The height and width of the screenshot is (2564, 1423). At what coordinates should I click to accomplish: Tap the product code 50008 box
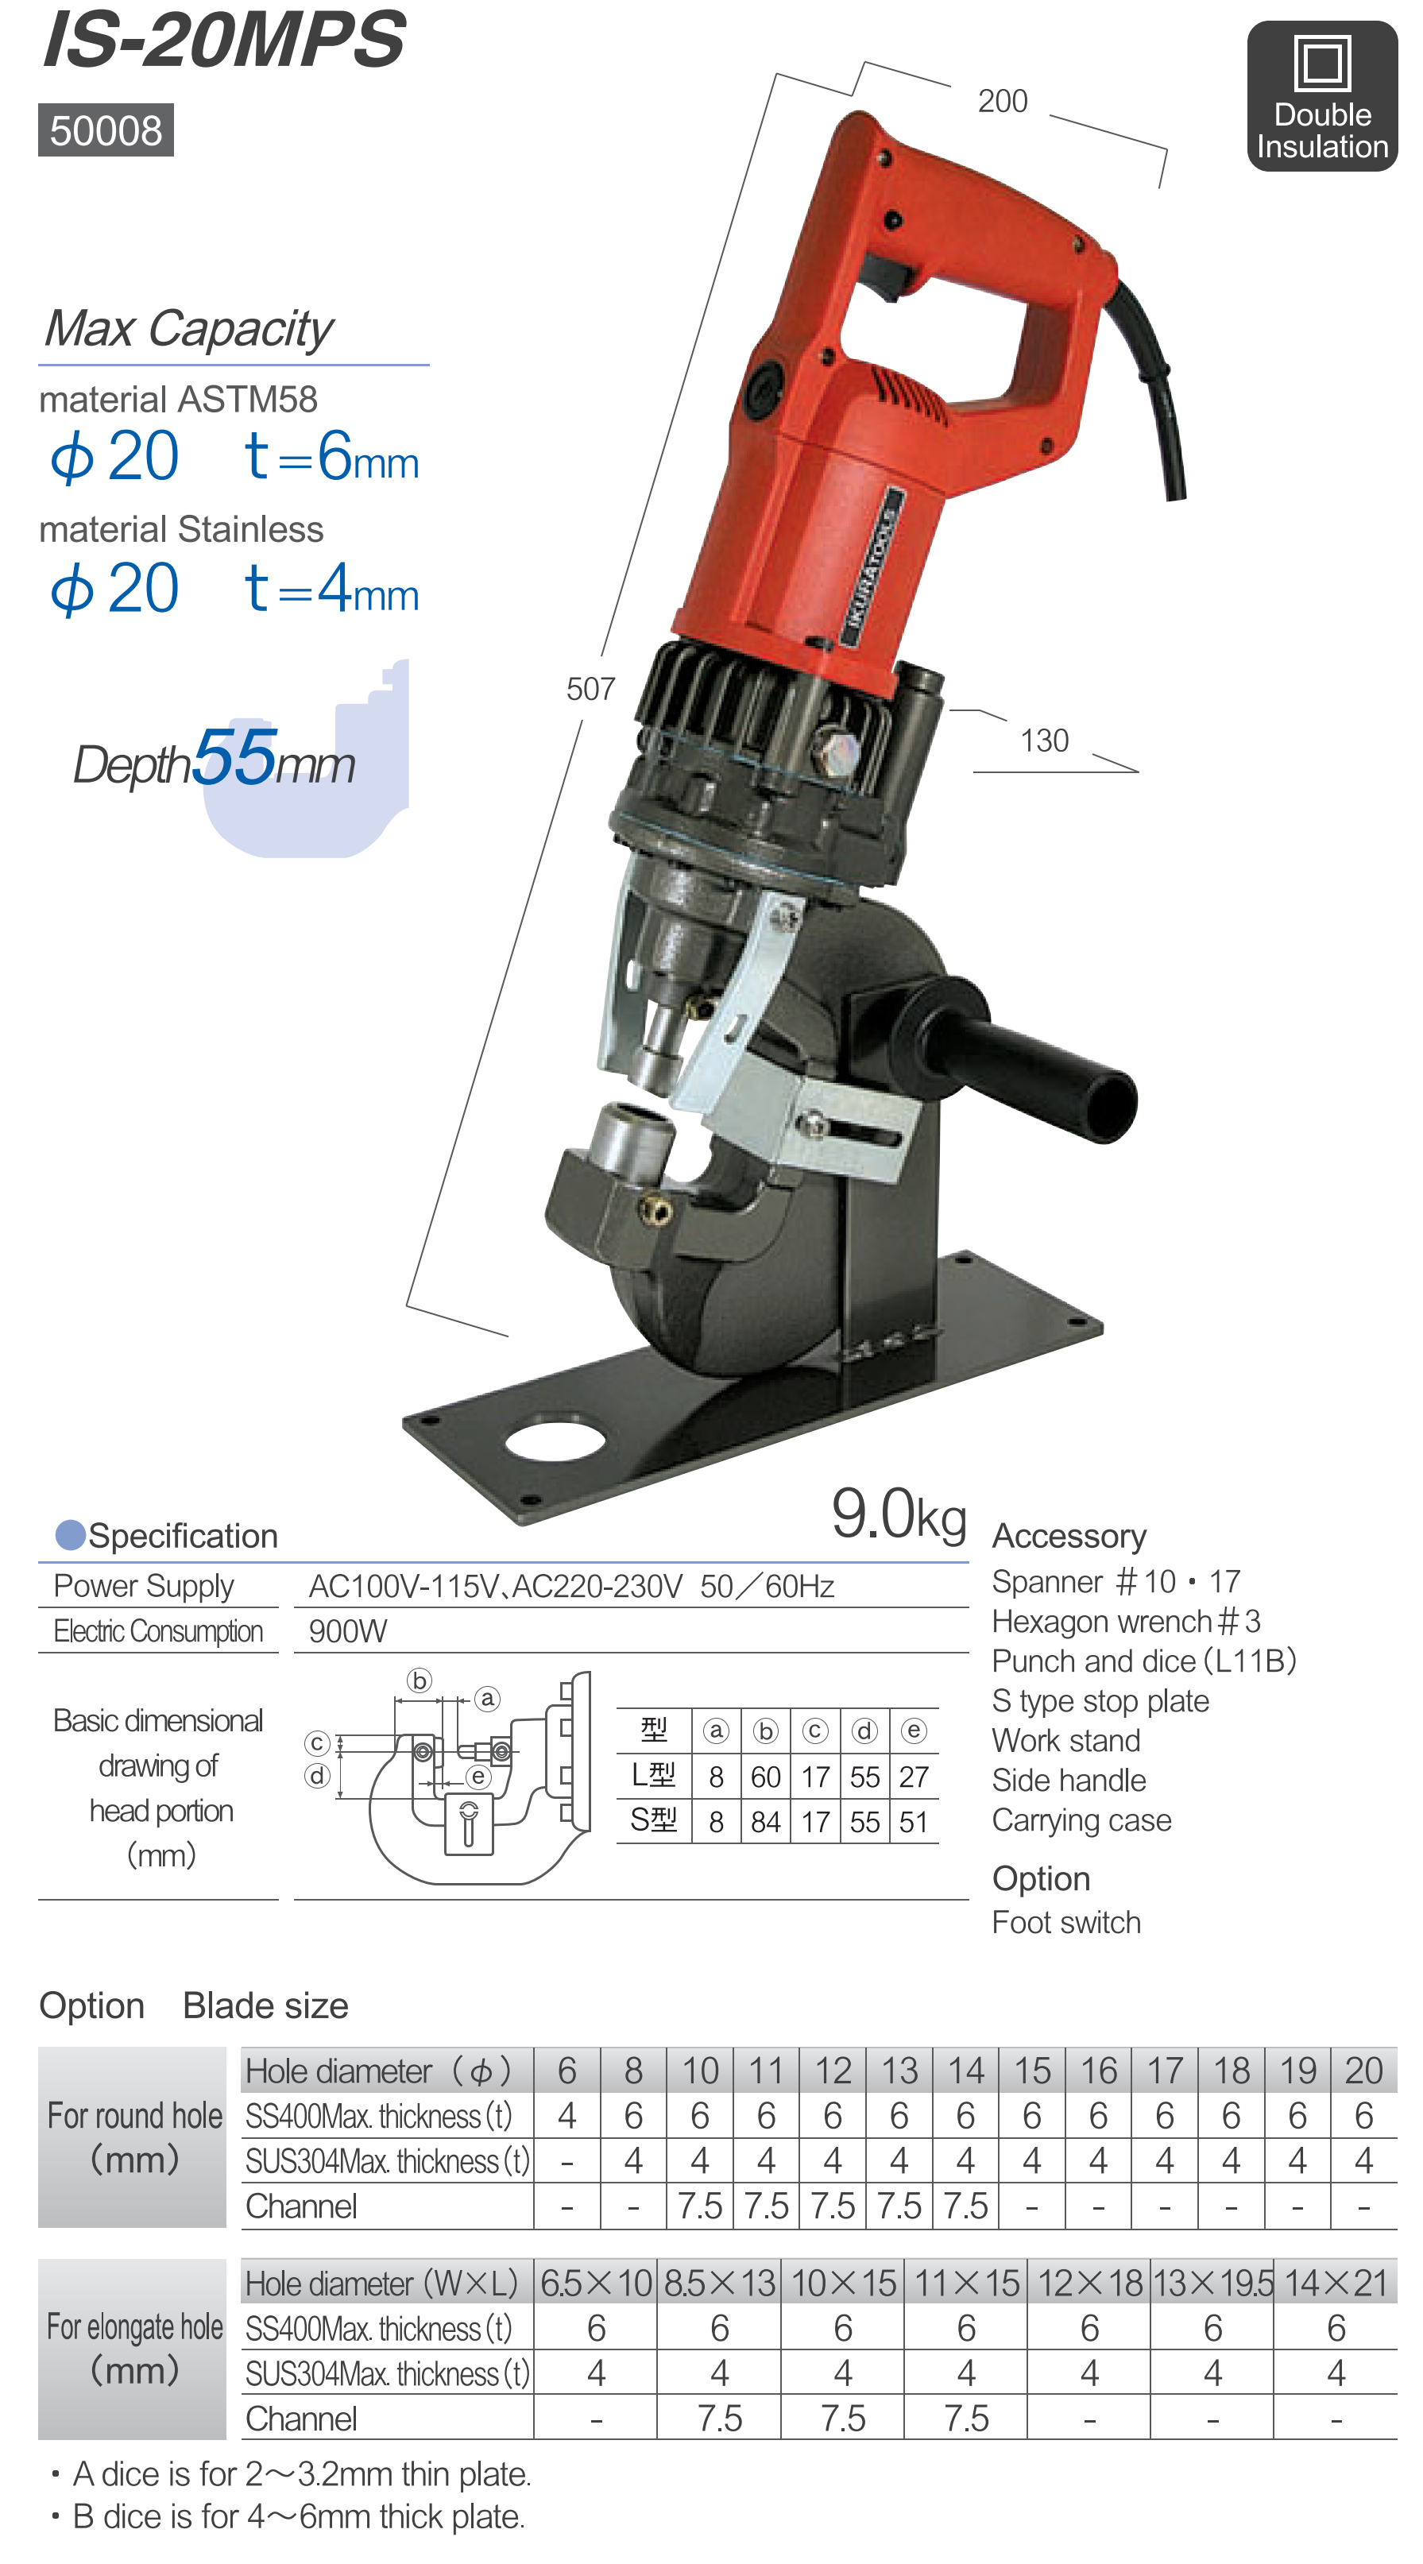(106, 130)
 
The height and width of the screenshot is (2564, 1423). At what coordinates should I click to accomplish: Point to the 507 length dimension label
(590, 689)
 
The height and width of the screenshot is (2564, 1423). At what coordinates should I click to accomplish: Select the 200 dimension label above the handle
(1002, 102)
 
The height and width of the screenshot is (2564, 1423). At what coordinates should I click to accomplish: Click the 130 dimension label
(1044, 741)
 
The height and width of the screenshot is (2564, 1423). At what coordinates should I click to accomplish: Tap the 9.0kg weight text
(899, 1515)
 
